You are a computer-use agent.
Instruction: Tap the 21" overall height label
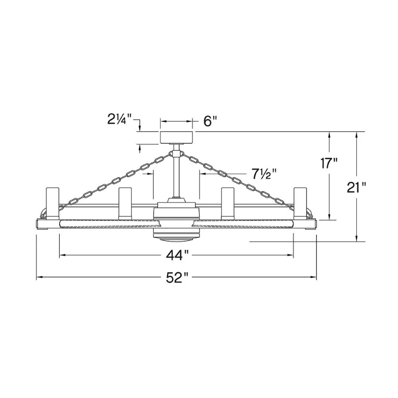coord(356,188)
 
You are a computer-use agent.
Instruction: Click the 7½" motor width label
coord(264,174)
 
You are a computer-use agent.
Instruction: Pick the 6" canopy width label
coord(210,121)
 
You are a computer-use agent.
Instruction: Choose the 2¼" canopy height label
coord(119,119)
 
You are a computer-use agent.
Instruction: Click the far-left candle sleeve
coord(53,203)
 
